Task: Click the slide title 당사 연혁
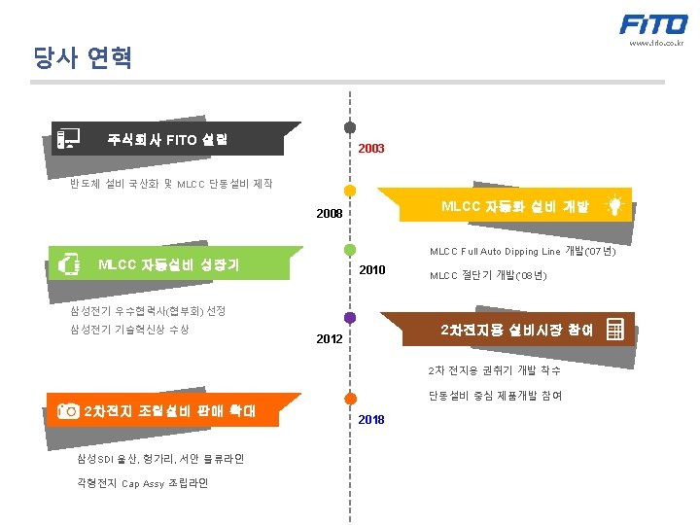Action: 82,59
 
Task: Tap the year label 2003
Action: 370,149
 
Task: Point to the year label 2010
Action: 372,269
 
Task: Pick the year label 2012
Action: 330,340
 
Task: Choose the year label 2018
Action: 370,419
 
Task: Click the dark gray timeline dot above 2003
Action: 349,127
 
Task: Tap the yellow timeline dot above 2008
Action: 350,191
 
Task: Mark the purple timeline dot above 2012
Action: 350,317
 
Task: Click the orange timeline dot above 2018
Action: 350,397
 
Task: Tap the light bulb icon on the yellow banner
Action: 614,205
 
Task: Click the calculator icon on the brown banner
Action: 614,330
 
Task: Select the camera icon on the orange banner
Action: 68,410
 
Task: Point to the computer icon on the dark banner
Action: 68,138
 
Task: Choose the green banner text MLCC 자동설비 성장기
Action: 169,264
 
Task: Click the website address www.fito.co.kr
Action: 656,44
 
